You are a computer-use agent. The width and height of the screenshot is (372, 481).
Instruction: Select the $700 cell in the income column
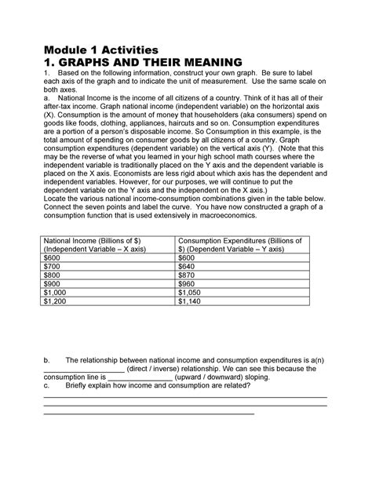coord(53,268)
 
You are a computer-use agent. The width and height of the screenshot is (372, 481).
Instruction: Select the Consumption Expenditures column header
coord(251,242)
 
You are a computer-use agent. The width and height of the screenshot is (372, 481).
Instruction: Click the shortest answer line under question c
coord(148,411)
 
